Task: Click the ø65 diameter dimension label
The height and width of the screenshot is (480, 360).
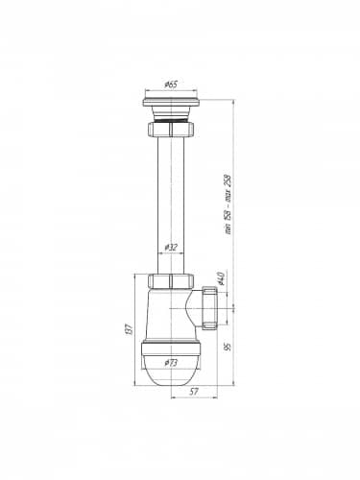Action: pos(171,84)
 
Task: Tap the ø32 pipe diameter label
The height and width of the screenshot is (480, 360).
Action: pos(171,247)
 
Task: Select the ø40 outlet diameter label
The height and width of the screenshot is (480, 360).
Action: pos(220,278)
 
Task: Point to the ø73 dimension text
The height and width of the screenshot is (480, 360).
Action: pos(171,363)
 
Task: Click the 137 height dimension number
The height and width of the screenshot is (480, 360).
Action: pos(129,329)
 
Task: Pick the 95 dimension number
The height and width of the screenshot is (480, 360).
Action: pos(228,347)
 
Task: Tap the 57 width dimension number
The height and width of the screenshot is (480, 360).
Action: pos(194,392)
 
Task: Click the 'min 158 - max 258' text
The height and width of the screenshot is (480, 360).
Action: pos(228,204)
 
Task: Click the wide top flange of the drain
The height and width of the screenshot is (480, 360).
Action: pos(171,102)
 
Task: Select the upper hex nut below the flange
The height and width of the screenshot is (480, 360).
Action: pos(171,129)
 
